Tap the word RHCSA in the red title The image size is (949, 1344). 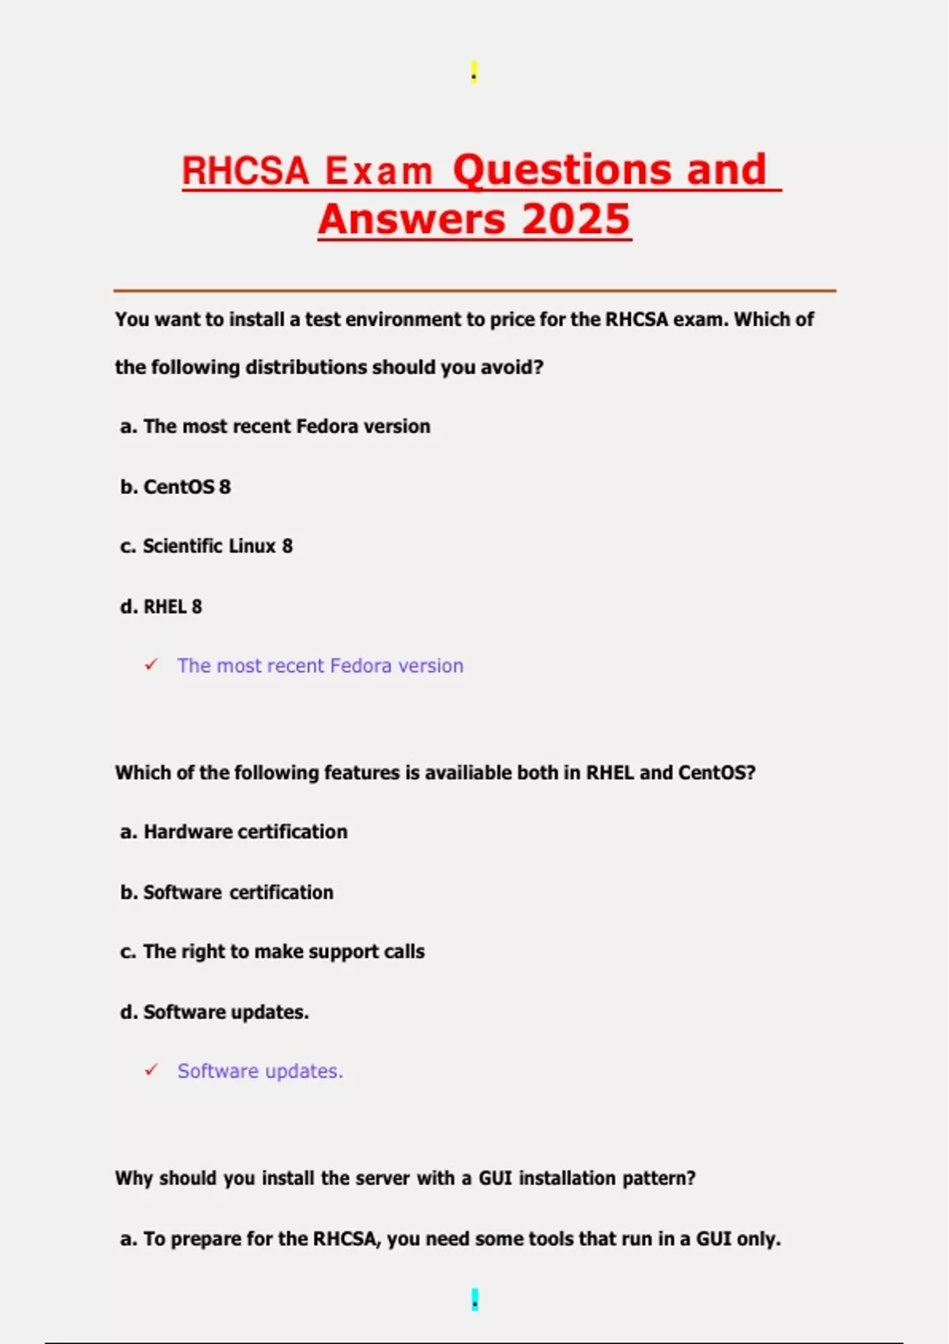245,171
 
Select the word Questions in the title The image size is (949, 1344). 562,169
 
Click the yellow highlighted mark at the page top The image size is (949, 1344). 474,72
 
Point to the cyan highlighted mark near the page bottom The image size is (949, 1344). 475,1299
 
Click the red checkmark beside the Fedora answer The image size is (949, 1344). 151,665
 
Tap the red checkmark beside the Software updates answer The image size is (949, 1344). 151,1070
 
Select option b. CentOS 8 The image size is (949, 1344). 176,486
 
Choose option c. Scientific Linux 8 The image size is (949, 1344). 206,546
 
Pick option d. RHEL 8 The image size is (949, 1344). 161,606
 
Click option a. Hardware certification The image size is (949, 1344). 234,832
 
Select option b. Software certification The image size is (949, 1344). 227,892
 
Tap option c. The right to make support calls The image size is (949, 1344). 273,951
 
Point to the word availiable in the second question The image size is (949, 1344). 468,772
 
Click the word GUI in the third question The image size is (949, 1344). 496,1178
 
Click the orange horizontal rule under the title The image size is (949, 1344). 475,291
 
